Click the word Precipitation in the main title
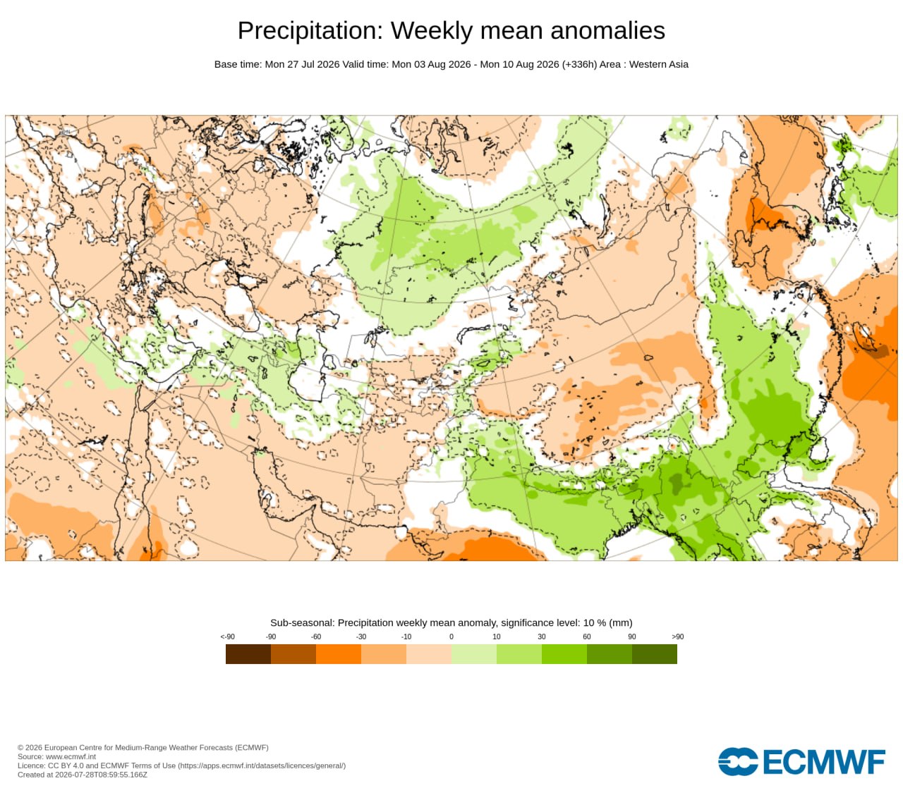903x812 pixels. [x=310, y=31]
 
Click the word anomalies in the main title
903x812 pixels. [x=607, y=30]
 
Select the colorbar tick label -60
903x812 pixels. [x=316, y=636]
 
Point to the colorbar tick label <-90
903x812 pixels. [x=227, y=636]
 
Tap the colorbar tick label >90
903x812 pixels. [x=677, y=636]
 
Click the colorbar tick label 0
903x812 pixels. [x=451, y=636]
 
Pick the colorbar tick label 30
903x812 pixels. [x=542, y=636]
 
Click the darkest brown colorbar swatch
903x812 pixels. [x=248, y=653]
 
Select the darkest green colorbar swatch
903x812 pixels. [x=655, y=653]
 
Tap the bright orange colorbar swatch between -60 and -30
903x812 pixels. [x=339, y=653]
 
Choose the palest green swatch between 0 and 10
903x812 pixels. [x=474, y=653]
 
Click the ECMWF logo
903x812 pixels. [x=801, y=762]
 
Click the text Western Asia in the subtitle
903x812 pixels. [x=659, y=64]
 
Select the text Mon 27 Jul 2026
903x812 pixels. [x=302, y=64]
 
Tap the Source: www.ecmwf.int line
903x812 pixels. [x=56, y=756]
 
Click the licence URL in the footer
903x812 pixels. [x=262, y=765]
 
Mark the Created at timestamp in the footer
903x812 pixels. [x=83, y=775]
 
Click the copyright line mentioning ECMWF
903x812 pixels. [x=143, y=748]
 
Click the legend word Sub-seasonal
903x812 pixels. [x=303, y=623]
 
